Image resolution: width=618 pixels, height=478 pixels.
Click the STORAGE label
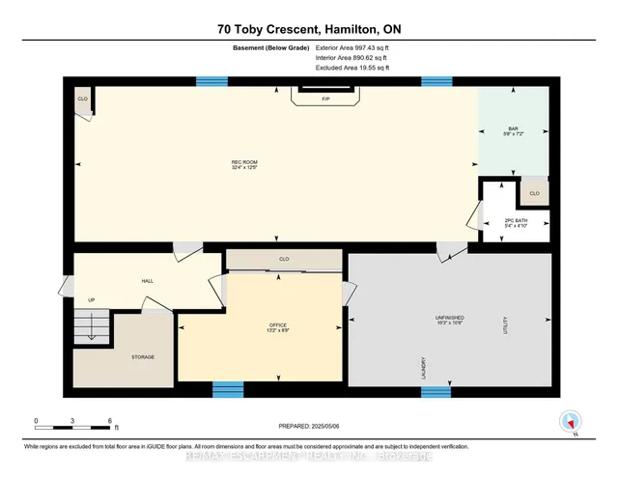(144, 356)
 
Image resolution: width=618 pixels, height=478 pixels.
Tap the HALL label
(148, 280)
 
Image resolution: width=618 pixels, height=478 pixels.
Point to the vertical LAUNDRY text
(423, 366)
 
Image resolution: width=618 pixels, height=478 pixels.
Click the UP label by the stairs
(92, 299)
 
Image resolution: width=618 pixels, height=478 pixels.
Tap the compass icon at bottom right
(570, 420)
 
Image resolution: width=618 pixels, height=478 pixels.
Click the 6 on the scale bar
(112, 422)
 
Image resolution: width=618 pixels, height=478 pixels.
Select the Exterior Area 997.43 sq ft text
(353, 47)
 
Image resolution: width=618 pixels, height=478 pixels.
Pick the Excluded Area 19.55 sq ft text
(353, 68)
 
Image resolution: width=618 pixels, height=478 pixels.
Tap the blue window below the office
(228, 389)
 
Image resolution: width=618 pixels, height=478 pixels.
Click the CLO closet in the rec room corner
(82, 99)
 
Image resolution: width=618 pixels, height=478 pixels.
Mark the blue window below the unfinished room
(436, 391)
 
